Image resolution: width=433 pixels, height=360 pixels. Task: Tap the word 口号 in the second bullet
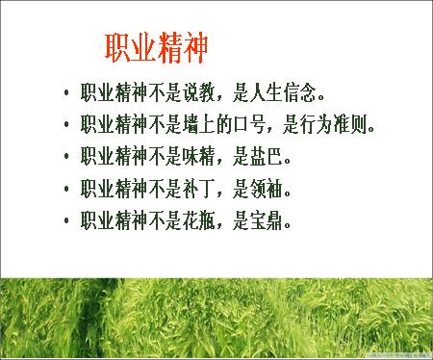coord(255,124)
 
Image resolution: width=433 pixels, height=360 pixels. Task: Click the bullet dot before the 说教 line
coord(65,94)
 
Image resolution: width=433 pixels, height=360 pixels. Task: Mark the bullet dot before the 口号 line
coord(65,125)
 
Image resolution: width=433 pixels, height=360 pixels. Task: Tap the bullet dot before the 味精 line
coord(65,156)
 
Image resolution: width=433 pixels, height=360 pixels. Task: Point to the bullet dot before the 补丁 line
coord(65,187)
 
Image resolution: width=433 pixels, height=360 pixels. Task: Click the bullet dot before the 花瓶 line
coord(65,219)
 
